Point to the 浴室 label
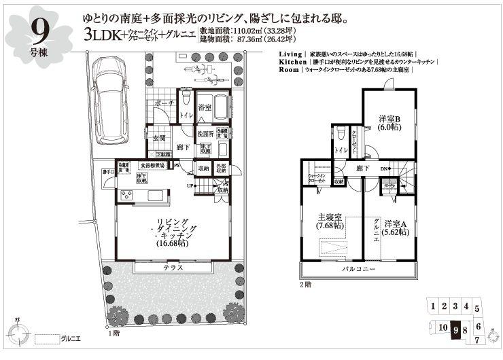coord(205,108)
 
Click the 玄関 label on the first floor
coord(159,139)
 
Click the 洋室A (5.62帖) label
coord(396,228)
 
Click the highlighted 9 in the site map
coord(455,329)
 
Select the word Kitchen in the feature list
coord(293,62)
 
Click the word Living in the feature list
coord(292,53)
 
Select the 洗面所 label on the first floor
coord(205,134)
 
